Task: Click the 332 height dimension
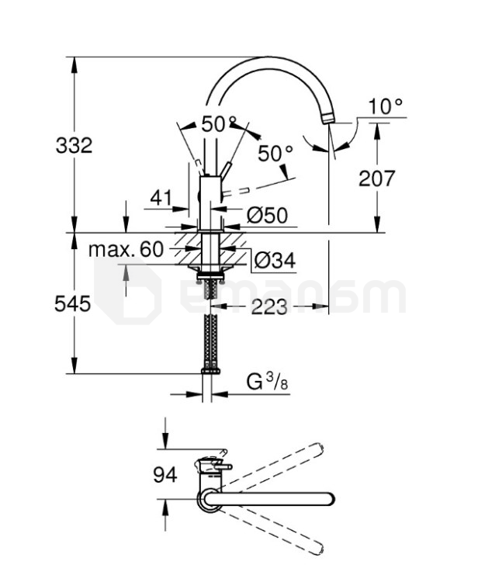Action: pos(74,145)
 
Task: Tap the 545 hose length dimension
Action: pos(72,304)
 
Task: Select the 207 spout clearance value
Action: pos(376,178)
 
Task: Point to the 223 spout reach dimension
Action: pos(269,307)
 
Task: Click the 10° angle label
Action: pos(385,106)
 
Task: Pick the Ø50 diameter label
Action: pos(267,215)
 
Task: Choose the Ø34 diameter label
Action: pos(275,260)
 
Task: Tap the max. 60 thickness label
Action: pos(126,249)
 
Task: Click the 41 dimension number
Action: pos(161,198)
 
